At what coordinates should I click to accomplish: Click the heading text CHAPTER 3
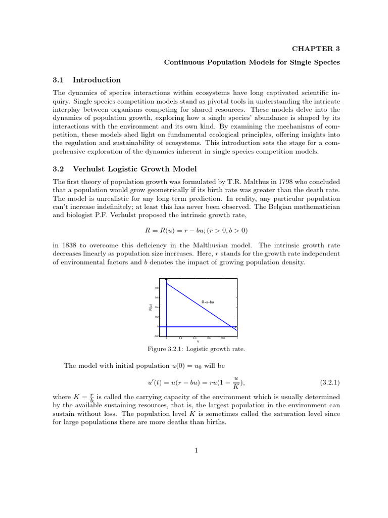point(316,49)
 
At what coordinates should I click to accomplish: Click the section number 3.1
point(59,80)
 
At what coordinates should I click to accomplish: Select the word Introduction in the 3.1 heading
point(96,80)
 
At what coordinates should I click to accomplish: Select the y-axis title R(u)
point(151,307)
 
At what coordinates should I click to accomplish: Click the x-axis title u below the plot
point(198,341)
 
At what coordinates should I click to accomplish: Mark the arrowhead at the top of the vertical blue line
point(167,280)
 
